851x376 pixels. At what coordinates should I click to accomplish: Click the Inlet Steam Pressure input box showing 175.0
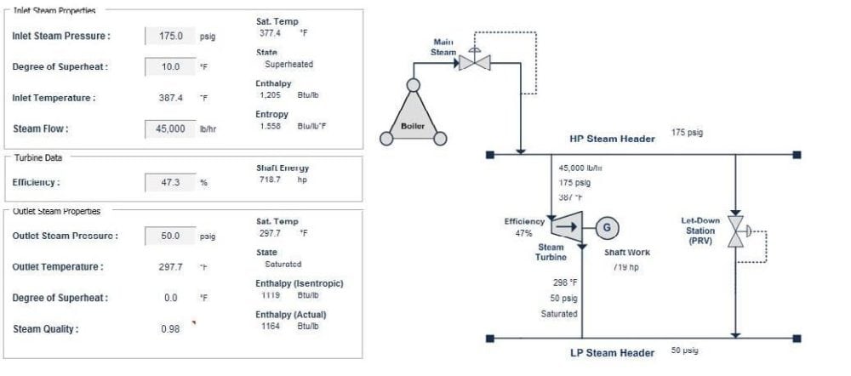pyautogui.click(x=171, y=37)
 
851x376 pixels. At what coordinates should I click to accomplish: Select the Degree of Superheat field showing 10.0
pyautogui.click(x=171, y=67)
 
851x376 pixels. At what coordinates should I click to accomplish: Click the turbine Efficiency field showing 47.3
pyautogui.click(x=171, y=182)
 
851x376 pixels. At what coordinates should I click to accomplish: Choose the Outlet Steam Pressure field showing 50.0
pyautogui.click(x=171, y=236)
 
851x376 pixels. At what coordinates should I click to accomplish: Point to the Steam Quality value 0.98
pyautogui.click(x=170, y=329)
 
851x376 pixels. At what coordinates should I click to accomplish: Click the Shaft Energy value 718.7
pyautogui.click(x=270, y=179)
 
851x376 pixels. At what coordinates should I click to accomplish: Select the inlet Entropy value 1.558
pyautogui.click(x=270, y=126)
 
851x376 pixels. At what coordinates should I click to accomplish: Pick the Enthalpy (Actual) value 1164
pyautogui.click(x=270, y=326)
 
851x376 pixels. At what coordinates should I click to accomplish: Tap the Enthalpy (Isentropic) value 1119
pyautogui.click(x=270, y=294)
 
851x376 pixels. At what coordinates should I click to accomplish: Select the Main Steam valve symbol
pyautogui.click(x=473, y=62)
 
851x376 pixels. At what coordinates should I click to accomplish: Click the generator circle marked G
pyautogui.click(x=607, y=226)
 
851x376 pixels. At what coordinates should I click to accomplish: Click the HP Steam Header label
pyautogui.click(x=612, y=139)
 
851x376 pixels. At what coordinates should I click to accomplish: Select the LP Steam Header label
pyautogui.click(x=612, y=353)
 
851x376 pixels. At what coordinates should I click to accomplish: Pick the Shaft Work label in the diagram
pyautogui.click(x=626, y=253)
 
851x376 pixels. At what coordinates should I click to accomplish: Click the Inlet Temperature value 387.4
pyautogui.click(x=171, y=98)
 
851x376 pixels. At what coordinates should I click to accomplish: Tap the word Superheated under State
pyautogui.click(x=288, y=64)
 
